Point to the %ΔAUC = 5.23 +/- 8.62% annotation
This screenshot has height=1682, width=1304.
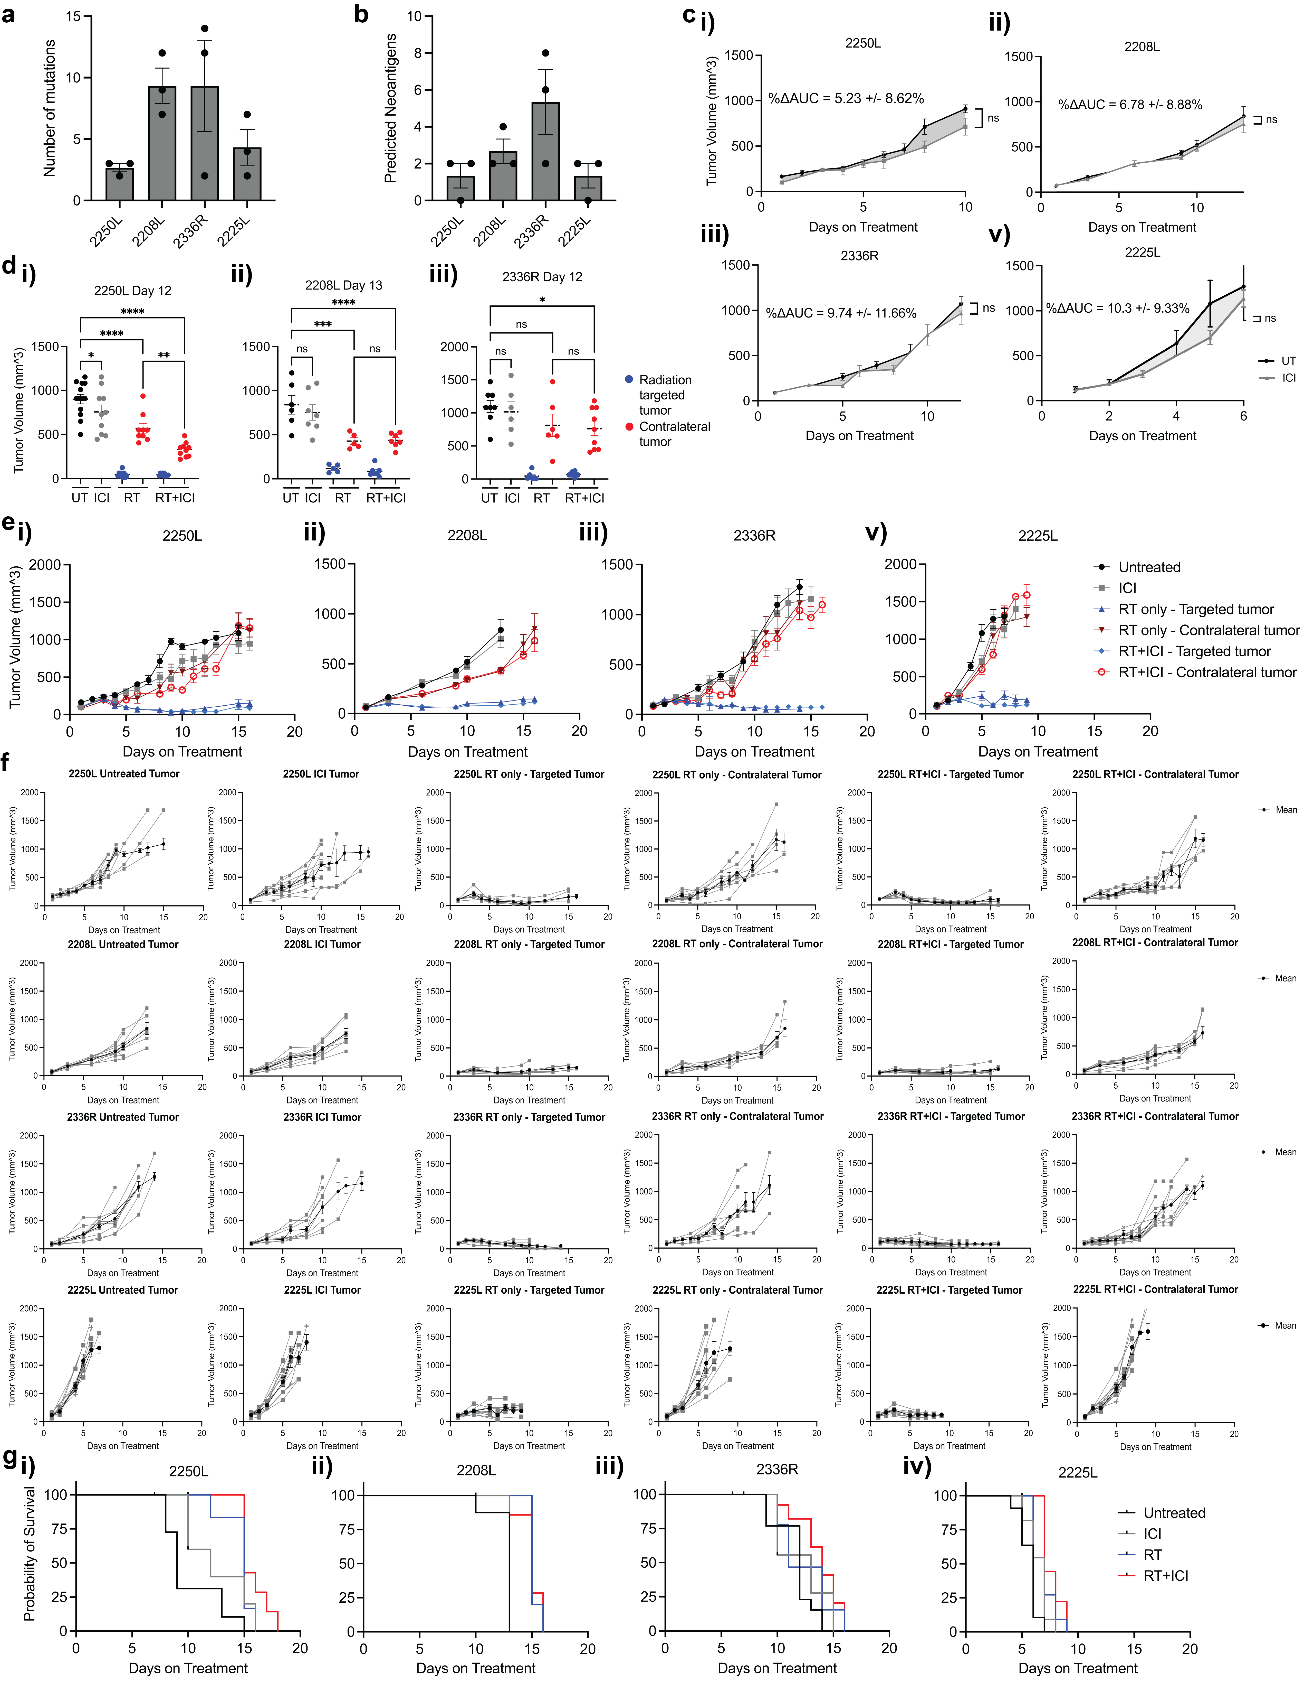click(x=845, y=99)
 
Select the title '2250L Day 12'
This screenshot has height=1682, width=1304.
click(x=132, y=290)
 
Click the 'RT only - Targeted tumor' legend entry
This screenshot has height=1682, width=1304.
click(x=1195, y=609)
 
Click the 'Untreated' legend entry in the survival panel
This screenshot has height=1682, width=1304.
click(x=1173, y=1512)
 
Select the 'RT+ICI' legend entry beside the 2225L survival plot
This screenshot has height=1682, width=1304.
click(x=1165, y=1576)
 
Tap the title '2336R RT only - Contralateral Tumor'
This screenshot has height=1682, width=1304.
click(x=737, y=1116)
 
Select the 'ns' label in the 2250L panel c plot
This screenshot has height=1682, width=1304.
click(x=993, y=118)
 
